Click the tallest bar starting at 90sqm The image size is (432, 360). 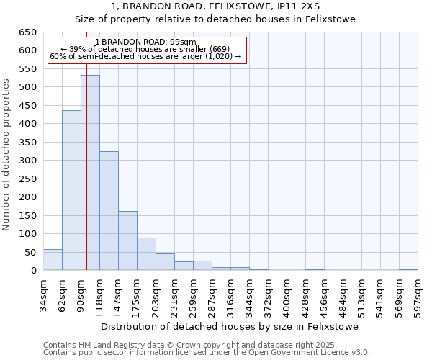90,173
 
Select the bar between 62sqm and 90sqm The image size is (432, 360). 71,190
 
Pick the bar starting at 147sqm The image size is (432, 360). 127,240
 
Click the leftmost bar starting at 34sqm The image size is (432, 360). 53,260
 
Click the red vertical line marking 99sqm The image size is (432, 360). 86,180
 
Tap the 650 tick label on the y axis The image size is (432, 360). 27,32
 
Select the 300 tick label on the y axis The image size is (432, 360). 27,161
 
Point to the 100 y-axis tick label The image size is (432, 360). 27,234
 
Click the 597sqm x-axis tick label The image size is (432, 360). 418,294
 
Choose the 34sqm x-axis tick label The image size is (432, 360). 44,294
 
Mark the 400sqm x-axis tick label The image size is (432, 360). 287,294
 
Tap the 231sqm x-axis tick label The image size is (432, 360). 175,294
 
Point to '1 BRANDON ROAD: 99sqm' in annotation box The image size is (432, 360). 145,42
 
